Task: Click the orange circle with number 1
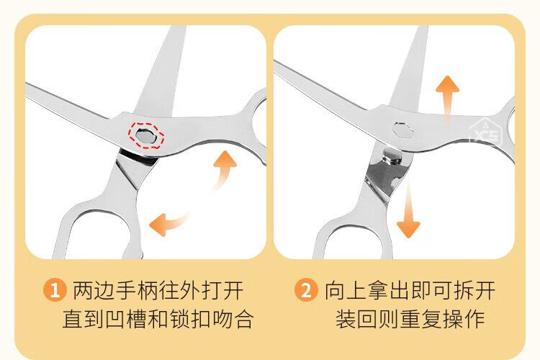point(55,289)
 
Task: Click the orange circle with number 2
point(306,289)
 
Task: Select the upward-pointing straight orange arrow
point(447,100)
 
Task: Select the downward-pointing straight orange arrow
point(408,210)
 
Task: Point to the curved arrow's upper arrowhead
point(225,160)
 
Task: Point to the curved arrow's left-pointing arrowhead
point(158,224)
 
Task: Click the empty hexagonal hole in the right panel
point(402,130)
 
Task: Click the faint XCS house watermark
point(485,132)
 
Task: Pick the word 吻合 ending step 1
point(233,319)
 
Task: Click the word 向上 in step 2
point(346,290)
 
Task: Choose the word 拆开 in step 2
point(474,290)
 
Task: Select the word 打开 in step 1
point(222,290)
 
